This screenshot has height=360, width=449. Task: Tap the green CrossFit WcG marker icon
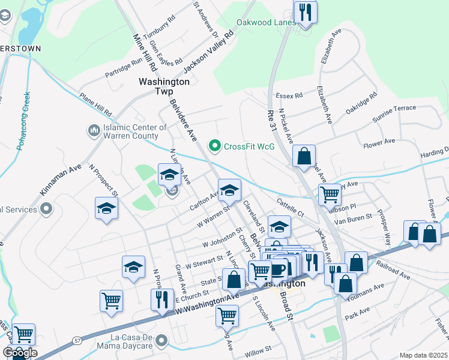tap(214, 146)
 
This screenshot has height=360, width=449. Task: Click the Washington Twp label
tap(164, 86)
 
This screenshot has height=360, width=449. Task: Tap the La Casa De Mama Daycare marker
tap(161, 341)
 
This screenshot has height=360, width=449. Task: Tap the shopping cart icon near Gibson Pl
tap(330, 194)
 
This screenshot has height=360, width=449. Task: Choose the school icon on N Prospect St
tap(107, 208)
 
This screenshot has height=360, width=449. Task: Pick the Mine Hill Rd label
tap(145, 52)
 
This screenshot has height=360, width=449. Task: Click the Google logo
tap(20, 353)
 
